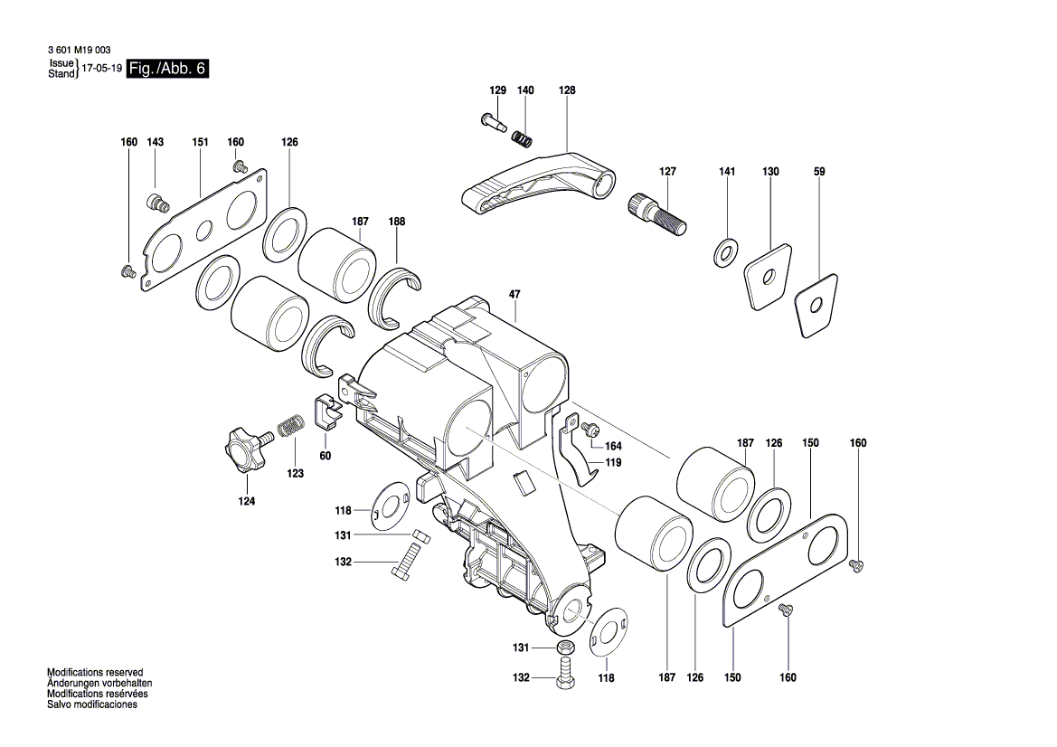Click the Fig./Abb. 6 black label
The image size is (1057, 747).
pos(167,70)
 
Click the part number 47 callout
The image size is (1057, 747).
pos(514,295)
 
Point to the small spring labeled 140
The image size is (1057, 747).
pos(523,138)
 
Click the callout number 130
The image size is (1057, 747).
pos(770,172)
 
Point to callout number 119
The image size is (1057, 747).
pos(614,462)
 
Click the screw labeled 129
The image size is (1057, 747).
pos(492,120)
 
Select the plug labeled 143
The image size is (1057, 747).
pos(157,202)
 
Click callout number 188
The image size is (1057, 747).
pos(397,222)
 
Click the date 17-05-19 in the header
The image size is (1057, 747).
pos(101,70)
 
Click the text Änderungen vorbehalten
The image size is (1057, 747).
pos(99,684)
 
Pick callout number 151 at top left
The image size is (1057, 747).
pos(200,143)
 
